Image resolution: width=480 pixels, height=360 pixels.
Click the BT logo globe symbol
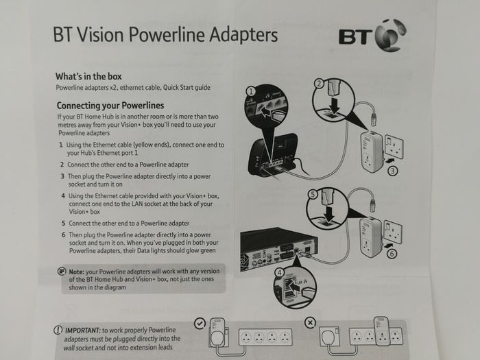coord(391,36)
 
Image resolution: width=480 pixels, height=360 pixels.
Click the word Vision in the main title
coord(100,34)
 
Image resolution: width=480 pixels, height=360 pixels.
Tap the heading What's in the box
coord(88,76)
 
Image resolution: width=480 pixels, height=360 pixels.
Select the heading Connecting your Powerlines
coord(110,106)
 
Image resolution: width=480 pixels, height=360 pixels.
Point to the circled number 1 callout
coord(251,91)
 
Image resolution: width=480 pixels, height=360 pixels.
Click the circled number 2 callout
coord(320,84)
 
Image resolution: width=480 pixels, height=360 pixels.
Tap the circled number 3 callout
coord(393,171)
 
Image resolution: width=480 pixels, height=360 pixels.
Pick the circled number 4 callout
coord(280,272)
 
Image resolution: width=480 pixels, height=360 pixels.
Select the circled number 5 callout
coord(313,195)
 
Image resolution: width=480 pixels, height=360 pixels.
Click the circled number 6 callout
coord(392,254)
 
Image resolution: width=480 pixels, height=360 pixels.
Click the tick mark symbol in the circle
coord(200,324)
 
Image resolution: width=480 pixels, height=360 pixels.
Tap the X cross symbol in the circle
coord(310,323)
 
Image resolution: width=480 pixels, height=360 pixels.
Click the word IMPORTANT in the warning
coord(83,331)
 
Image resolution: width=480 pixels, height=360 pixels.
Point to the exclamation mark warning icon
coord(58,330)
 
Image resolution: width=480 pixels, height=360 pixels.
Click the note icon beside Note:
coord(62,272)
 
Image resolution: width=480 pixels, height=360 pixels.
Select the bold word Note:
coord(77,272)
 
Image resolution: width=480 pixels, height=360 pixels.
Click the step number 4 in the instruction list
coord(63,196)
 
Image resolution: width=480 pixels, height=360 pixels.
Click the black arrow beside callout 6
coord(388,245)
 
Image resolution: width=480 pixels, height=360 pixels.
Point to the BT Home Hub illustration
coord(272,156)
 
